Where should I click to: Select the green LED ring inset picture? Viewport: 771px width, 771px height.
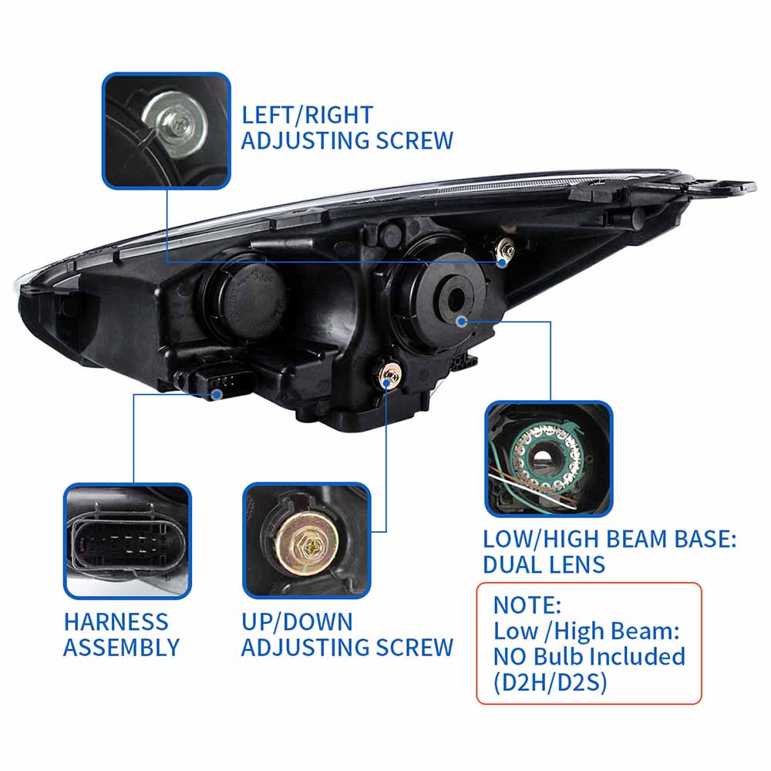[x=548, y=458]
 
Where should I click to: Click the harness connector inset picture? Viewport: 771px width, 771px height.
[x=127, y=540]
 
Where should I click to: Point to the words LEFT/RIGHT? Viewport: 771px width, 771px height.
[x=307, y=115]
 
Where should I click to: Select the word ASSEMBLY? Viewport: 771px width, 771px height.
[x=121, y=648]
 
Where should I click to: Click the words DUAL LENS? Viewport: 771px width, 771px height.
[x=544, y=564]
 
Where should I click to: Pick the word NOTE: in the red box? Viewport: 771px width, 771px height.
[x=527, y=604]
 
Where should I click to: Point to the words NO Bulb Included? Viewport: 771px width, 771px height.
[x=589, y=656]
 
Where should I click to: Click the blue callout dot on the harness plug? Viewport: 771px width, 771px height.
[x=217, y=394]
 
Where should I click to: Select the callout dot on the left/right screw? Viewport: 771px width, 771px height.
[x=502, y=262]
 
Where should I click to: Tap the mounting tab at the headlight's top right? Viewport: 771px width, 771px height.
[x=721, y=186]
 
